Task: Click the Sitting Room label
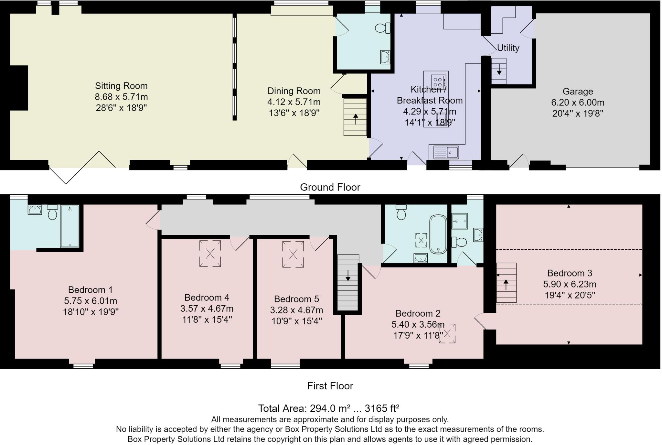pyautogui.click(x=121, y=86)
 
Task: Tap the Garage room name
pyautogui.click(x=578, y=92)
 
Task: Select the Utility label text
pyautogui.click(x=508, y=48)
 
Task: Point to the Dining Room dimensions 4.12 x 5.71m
pyautogui.click(x=294, y=102)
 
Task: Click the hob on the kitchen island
pyautogui.click(x=438, y=81)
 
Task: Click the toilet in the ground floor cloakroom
pyautogui.click(x=383, y=28)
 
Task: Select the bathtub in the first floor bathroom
pyautogui.click(x=438, y=234)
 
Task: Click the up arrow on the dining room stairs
pyautogui.click(x=356, y=119)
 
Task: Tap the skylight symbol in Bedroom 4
pyautogui.click(x=210, y=253)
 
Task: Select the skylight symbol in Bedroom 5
pyautogui.click(x=293, y=254)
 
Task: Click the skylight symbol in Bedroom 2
pyautogui.click(x=447, y=333)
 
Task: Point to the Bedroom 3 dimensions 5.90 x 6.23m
pyautogui.click(x=570, y=284)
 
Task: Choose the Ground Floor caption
pyautogui.click(x=330, y=187)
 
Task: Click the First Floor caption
pyautogui.click(x=330, y=386)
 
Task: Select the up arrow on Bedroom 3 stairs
pyautogui.click(x=506, y=285)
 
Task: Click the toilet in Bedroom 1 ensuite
pyautogui.click(x=52, y=212)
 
